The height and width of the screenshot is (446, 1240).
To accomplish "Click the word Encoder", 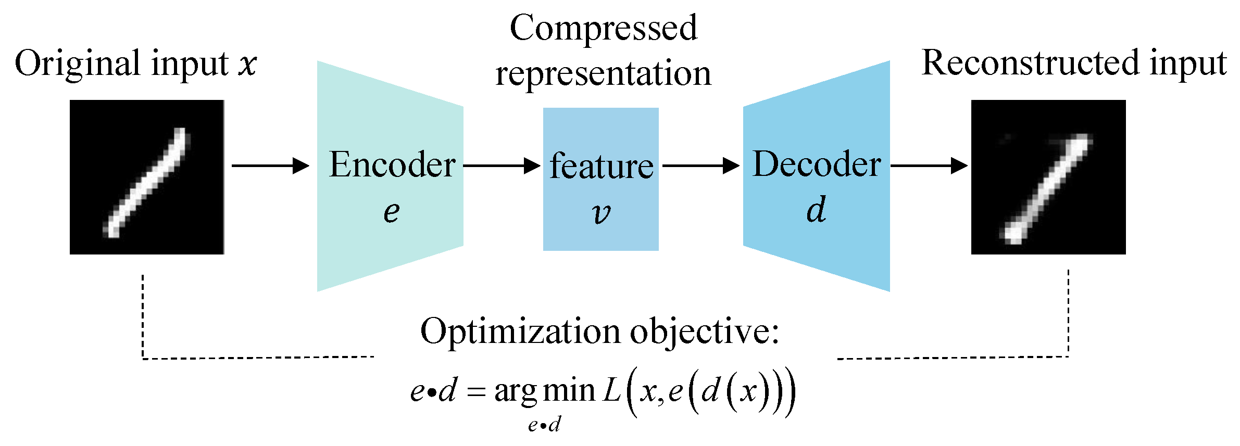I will click(392, 165).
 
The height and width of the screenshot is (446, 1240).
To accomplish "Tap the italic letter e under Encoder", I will click(392, 212).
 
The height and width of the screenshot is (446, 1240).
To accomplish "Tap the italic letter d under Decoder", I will click(816, 210).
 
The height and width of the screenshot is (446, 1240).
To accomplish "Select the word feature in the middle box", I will click(602, 166).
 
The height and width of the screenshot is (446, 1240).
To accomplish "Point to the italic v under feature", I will click(601, 213).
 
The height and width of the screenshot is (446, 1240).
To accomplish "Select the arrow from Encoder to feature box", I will click(502, 166).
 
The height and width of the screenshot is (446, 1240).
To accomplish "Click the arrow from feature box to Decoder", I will click(700, 166).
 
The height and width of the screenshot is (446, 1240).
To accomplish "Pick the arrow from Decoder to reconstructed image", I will click(929, 166).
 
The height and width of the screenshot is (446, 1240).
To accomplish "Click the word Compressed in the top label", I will click(603, 28).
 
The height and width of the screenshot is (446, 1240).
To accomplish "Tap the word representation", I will click(603, 73).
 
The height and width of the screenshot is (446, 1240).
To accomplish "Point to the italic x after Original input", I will click(248, 65).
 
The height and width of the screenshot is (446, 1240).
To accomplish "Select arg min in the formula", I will click(544, 391).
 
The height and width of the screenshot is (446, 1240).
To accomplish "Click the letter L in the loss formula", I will click(612, 391).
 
